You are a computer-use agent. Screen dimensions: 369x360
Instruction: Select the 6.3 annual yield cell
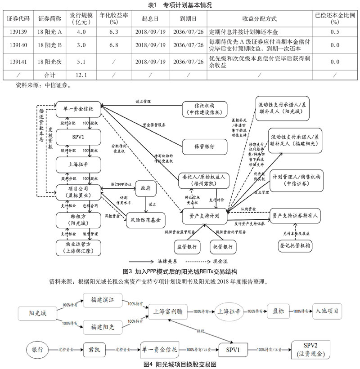click(x=113, y=32)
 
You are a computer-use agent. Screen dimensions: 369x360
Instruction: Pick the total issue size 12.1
click(x=81, y=74)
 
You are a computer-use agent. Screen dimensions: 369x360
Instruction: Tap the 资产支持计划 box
click(x=201, y=216)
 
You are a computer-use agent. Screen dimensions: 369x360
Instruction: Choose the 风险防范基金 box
click(x=144, y=221)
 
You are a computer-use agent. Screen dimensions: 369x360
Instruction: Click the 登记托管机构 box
click(x=295, y=246)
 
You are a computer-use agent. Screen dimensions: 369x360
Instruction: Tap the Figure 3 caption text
click(x=180, y=271)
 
